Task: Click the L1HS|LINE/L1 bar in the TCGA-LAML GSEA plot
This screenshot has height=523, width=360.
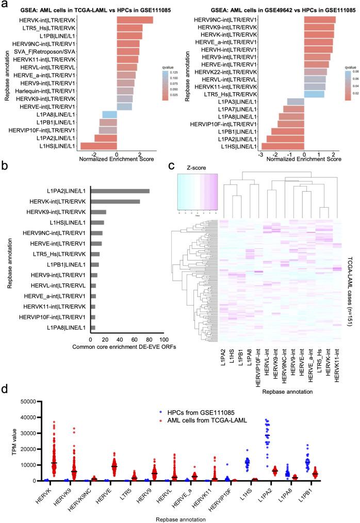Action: pyautogui.click(x=99, y=146)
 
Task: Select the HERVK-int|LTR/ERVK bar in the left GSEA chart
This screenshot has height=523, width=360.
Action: pyautogui.click(x=135, y=20)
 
